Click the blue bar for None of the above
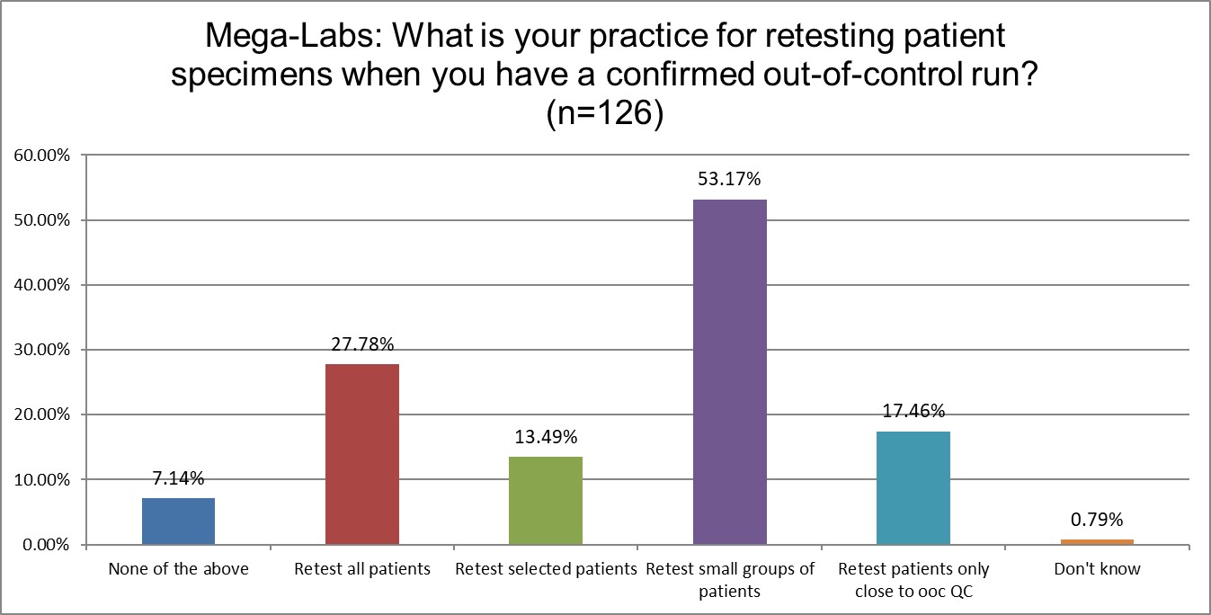click(x=178, y=521)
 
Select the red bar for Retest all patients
click(x=361, y=454)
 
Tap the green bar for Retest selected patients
click(x=545, y=501)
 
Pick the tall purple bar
click(x=729, y=371)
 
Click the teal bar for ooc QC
click(x=913, y=488)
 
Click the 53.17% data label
click(x=729, y=179)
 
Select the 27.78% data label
click(x=361, y=344)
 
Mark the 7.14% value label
click(x=178, y=477)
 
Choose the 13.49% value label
click(x=545, y=437)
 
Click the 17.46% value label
click(x=913, y=412)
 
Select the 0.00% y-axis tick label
click(x=46, y=545)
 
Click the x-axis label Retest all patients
click(x=361, y=569)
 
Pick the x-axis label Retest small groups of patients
click(x=729, y=580)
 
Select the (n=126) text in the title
click(x=604, y=115)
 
